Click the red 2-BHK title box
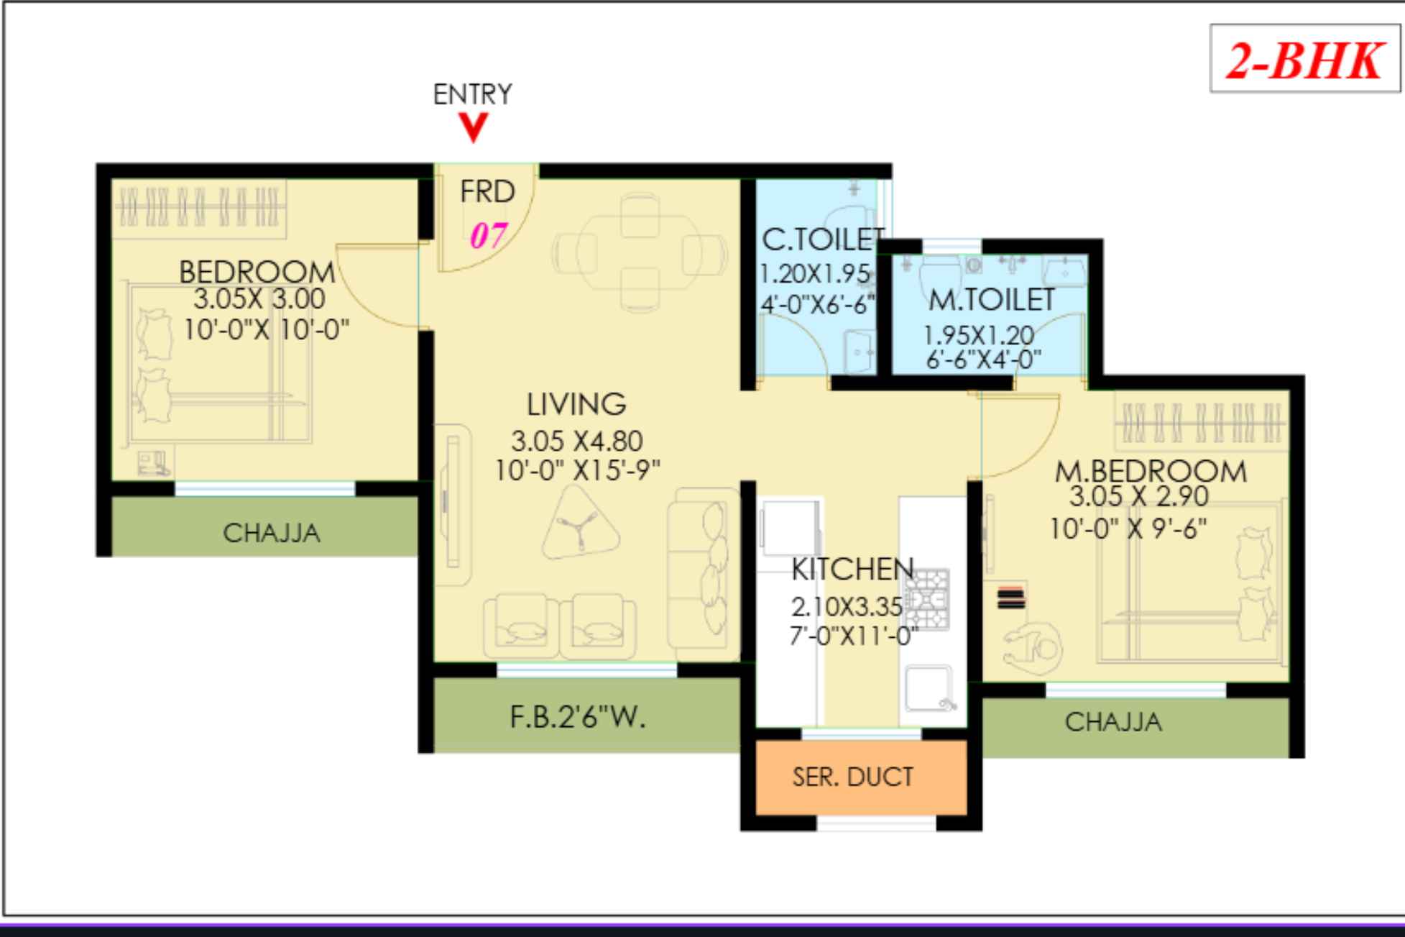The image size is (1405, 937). [1304, 60]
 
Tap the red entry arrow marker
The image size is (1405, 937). [473, 129]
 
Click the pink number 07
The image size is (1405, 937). [488, 236]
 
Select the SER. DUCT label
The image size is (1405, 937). [852, 777]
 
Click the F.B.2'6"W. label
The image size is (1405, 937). [578, 717]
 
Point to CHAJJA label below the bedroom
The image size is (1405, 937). [271, 533]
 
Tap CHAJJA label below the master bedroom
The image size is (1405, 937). [1113, 721]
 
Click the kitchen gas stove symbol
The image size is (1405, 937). [927, 599]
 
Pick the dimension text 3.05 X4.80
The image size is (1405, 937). [576, 440]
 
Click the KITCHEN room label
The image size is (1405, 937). [852, 570]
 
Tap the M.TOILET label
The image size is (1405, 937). [991, 300]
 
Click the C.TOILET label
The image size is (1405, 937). [821, 240]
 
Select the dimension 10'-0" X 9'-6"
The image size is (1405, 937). [1128, 529]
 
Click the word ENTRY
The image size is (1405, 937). [472, 94]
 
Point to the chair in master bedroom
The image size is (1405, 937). [1033, 647]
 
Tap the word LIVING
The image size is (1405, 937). [576, 404]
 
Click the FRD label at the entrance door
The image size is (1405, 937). [487, 192]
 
